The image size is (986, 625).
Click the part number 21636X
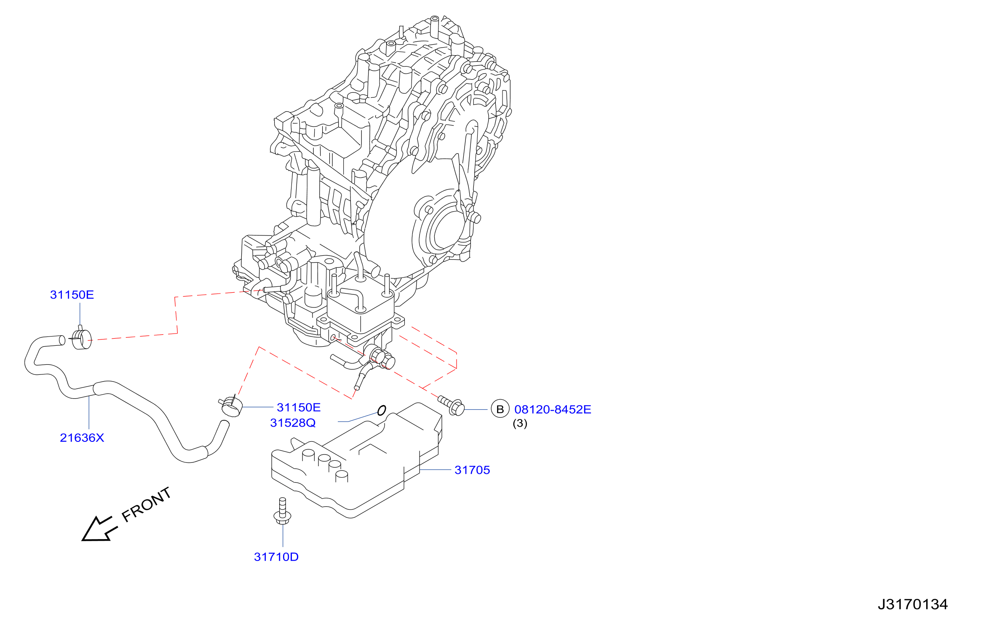pos(82,438)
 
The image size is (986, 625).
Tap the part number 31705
pos(472,470)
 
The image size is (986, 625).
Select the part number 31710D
pos(276,557)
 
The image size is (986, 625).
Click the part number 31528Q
pos(293,423)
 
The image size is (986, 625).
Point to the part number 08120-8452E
pos(553,409)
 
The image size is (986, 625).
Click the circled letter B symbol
pos(500,409)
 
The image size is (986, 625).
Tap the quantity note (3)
pos(520,423)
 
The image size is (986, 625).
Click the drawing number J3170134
pos(913,604)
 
